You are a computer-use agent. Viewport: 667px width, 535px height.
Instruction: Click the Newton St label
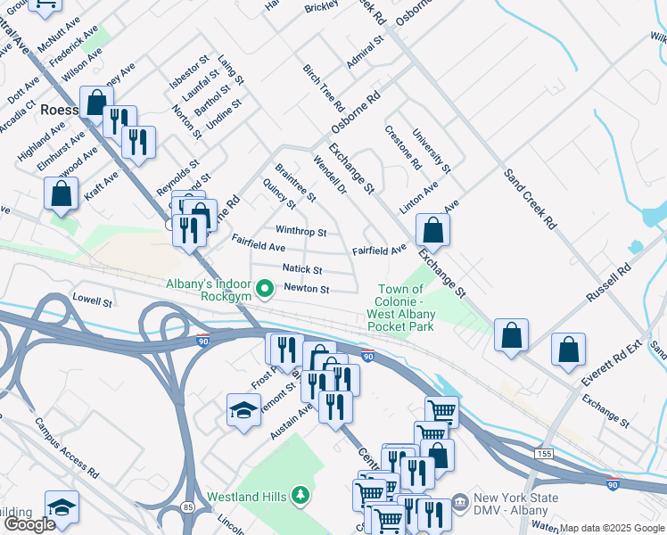point(307,289)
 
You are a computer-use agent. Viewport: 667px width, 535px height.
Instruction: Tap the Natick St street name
point(301,268)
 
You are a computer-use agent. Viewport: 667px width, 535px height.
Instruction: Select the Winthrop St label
point(301,232)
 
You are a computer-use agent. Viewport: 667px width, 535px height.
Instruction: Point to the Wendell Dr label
point(328,175)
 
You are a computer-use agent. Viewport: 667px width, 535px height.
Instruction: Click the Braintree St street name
point(295,182)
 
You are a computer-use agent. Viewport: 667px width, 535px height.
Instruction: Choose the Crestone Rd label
point(403,147)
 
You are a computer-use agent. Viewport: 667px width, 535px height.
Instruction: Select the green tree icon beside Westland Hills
point(301,495)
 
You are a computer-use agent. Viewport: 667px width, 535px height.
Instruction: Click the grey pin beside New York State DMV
point(460,505)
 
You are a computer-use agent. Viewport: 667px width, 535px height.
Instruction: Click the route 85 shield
point(211,507)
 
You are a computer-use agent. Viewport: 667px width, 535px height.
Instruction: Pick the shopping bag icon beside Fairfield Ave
point(432,230)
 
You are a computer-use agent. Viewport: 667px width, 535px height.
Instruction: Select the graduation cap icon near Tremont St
point(243,410)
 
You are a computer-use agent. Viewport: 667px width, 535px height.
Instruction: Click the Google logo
point(29,524)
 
